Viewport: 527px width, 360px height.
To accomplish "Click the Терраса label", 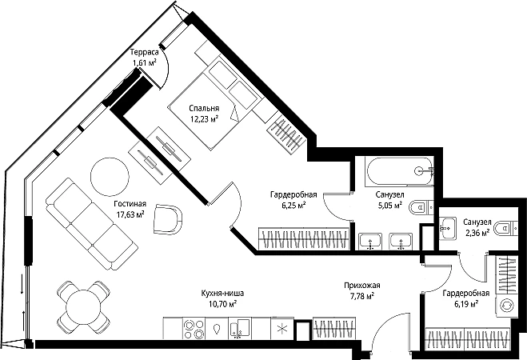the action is (144, 53).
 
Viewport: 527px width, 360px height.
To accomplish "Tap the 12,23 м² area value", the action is (205, 118).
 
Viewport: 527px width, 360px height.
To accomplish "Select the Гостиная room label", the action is (130, 204).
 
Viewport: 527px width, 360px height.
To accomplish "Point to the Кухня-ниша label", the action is (222, 293).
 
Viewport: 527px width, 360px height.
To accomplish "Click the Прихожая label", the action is (362, 286).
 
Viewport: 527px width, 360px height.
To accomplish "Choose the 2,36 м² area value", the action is (477, 232).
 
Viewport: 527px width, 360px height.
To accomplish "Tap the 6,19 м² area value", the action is (466, 304).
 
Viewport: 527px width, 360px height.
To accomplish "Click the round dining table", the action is (83, 307).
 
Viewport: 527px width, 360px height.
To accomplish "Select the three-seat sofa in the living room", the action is (92, 224).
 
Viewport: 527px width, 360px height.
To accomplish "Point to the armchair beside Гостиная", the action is (168, 219).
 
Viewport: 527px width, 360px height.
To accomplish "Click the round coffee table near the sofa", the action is (110, 176).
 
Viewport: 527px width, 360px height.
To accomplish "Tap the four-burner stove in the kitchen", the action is (194, 328).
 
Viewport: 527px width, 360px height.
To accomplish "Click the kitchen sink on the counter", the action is (240, 328).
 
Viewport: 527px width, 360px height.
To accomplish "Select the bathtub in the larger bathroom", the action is (400, 171).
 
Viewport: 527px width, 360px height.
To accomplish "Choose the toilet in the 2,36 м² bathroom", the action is (508, 228).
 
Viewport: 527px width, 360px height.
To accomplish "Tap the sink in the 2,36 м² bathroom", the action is (447, 228).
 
